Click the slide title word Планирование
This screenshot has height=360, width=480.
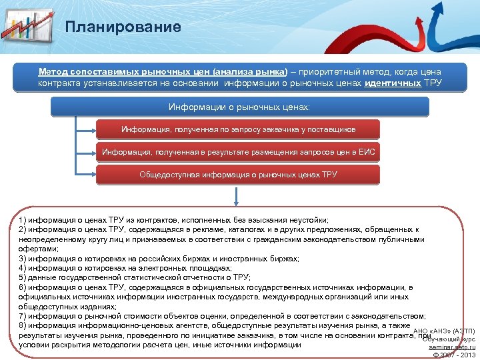pos(123,27)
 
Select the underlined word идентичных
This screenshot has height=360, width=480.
pos(393,83)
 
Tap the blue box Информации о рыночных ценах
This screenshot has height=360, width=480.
pos(239,107)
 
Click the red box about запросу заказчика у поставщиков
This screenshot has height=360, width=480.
pos(239,129)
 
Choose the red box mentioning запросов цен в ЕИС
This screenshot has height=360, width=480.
pos(239,152)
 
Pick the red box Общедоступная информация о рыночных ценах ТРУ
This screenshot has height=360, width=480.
pos(239,175)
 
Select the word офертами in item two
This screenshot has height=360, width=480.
pos(38,248)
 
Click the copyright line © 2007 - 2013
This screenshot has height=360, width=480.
pos(454,355)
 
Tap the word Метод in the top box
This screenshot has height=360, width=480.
pos(53,72)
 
